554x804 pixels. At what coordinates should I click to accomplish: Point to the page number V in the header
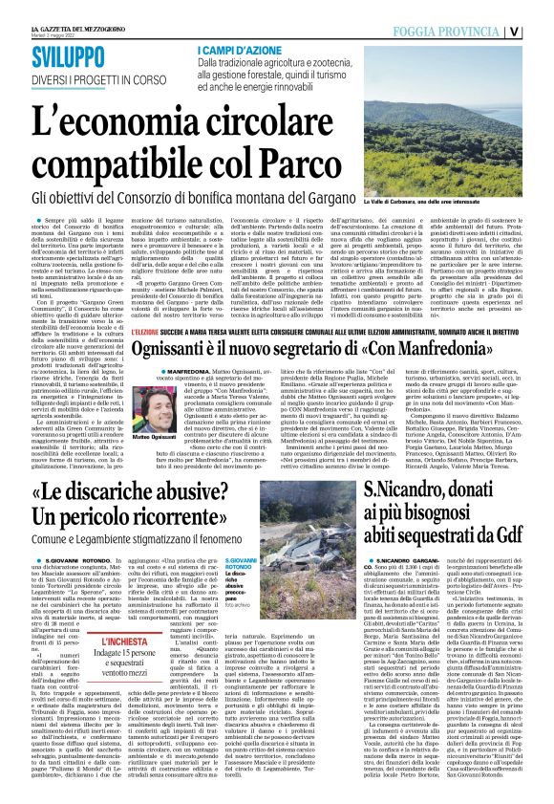(540, 30)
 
